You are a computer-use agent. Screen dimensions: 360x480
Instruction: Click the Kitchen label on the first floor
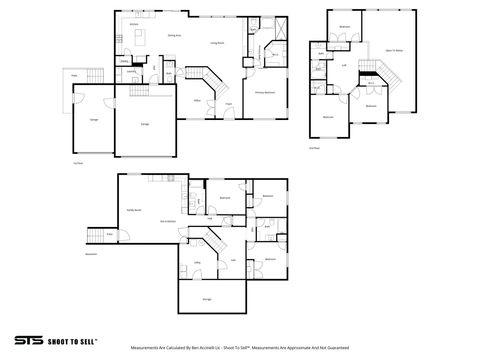132,24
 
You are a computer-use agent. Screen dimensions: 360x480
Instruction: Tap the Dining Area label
173,35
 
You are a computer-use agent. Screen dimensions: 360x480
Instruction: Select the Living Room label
215,43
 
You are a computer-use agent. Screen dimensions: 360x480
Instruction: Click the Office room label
198,100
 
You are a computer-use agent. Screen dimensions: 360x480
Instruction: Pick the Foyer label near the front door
229,104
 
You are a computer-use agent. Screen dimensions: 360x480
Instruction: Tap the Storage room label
207,298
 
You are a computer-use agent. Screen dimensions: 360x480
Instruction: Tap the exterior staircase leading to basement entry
96,235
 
